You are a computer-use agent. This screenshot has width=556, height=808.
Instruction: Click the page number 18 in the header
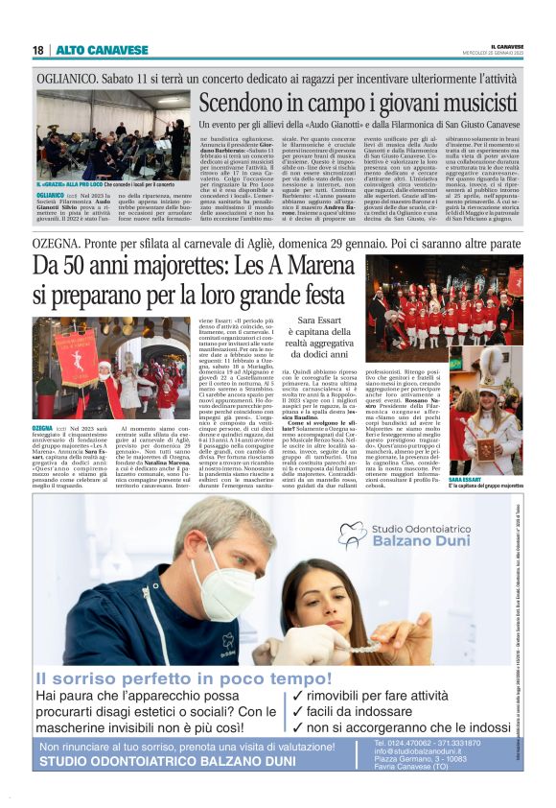click(38, 50)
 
